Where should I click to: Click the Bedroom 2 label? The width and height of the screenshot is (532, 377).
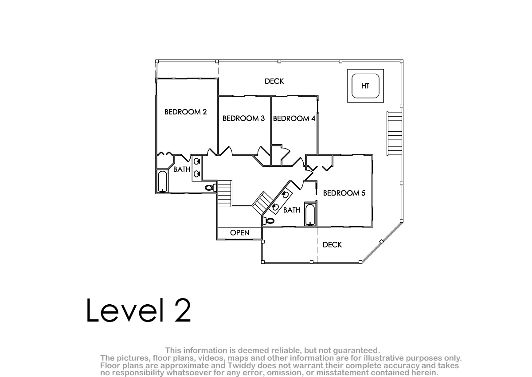pyautogui.click(x=185, y=112)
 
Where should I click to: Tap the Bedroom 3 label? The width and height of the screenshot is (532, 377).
pyautogui.click(x=243, y=118)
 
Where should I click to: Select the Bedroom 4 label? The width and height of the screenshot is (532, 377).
pyautogui.click(x=294, y=118)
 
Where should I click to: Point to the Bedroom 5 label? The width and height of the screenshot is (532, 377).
pyautogui.click(x=344, y=193)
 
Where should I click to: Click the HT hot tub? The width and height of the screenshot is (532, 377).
pyautogui.click(x=365, y=86)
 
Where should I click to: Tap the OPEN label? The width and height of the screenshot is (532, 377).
pyautogui.click(x=240, y=232)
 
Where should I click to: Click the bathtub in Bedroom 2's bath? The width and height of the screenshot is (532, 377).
pyautogui.click(x=163, y=181)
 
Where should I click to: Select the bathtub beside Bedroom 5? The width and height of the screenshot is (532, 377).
pyautogui.click(x=310, y=214)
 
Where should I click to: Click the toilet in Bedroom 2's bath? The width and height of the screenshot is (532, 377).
pyautogui.click(x=211, y=188)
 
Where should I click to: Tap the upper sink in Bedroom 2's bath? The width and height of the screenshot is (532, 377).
pyautogui.click(x=197, y=161)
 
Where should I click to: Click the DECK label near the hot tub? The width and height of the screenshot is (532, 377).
pyautogui.click(x=274, y=81)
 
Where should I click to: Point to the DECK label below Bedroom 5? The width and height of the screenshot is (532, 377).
pyautogui.click(x=332, y=245)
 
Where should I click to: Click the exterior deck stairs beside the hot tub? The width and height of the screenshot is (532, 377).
pyautogui.click(x=394, y=134)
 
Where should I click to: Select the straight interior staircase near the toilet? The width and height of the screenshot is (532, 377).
pyautogui.click(x=224, y=193)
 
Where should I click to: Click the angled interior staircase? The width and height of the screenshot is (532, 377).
pyautogui.click(x=262, y=203)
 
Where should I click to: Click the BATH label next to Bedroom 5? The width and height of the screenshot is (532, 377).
pyautogui.click(x=292, y=210)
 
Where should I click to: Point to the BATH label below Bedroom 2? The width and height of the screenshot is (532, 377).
pyautogui.click(x=182, y=169)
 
